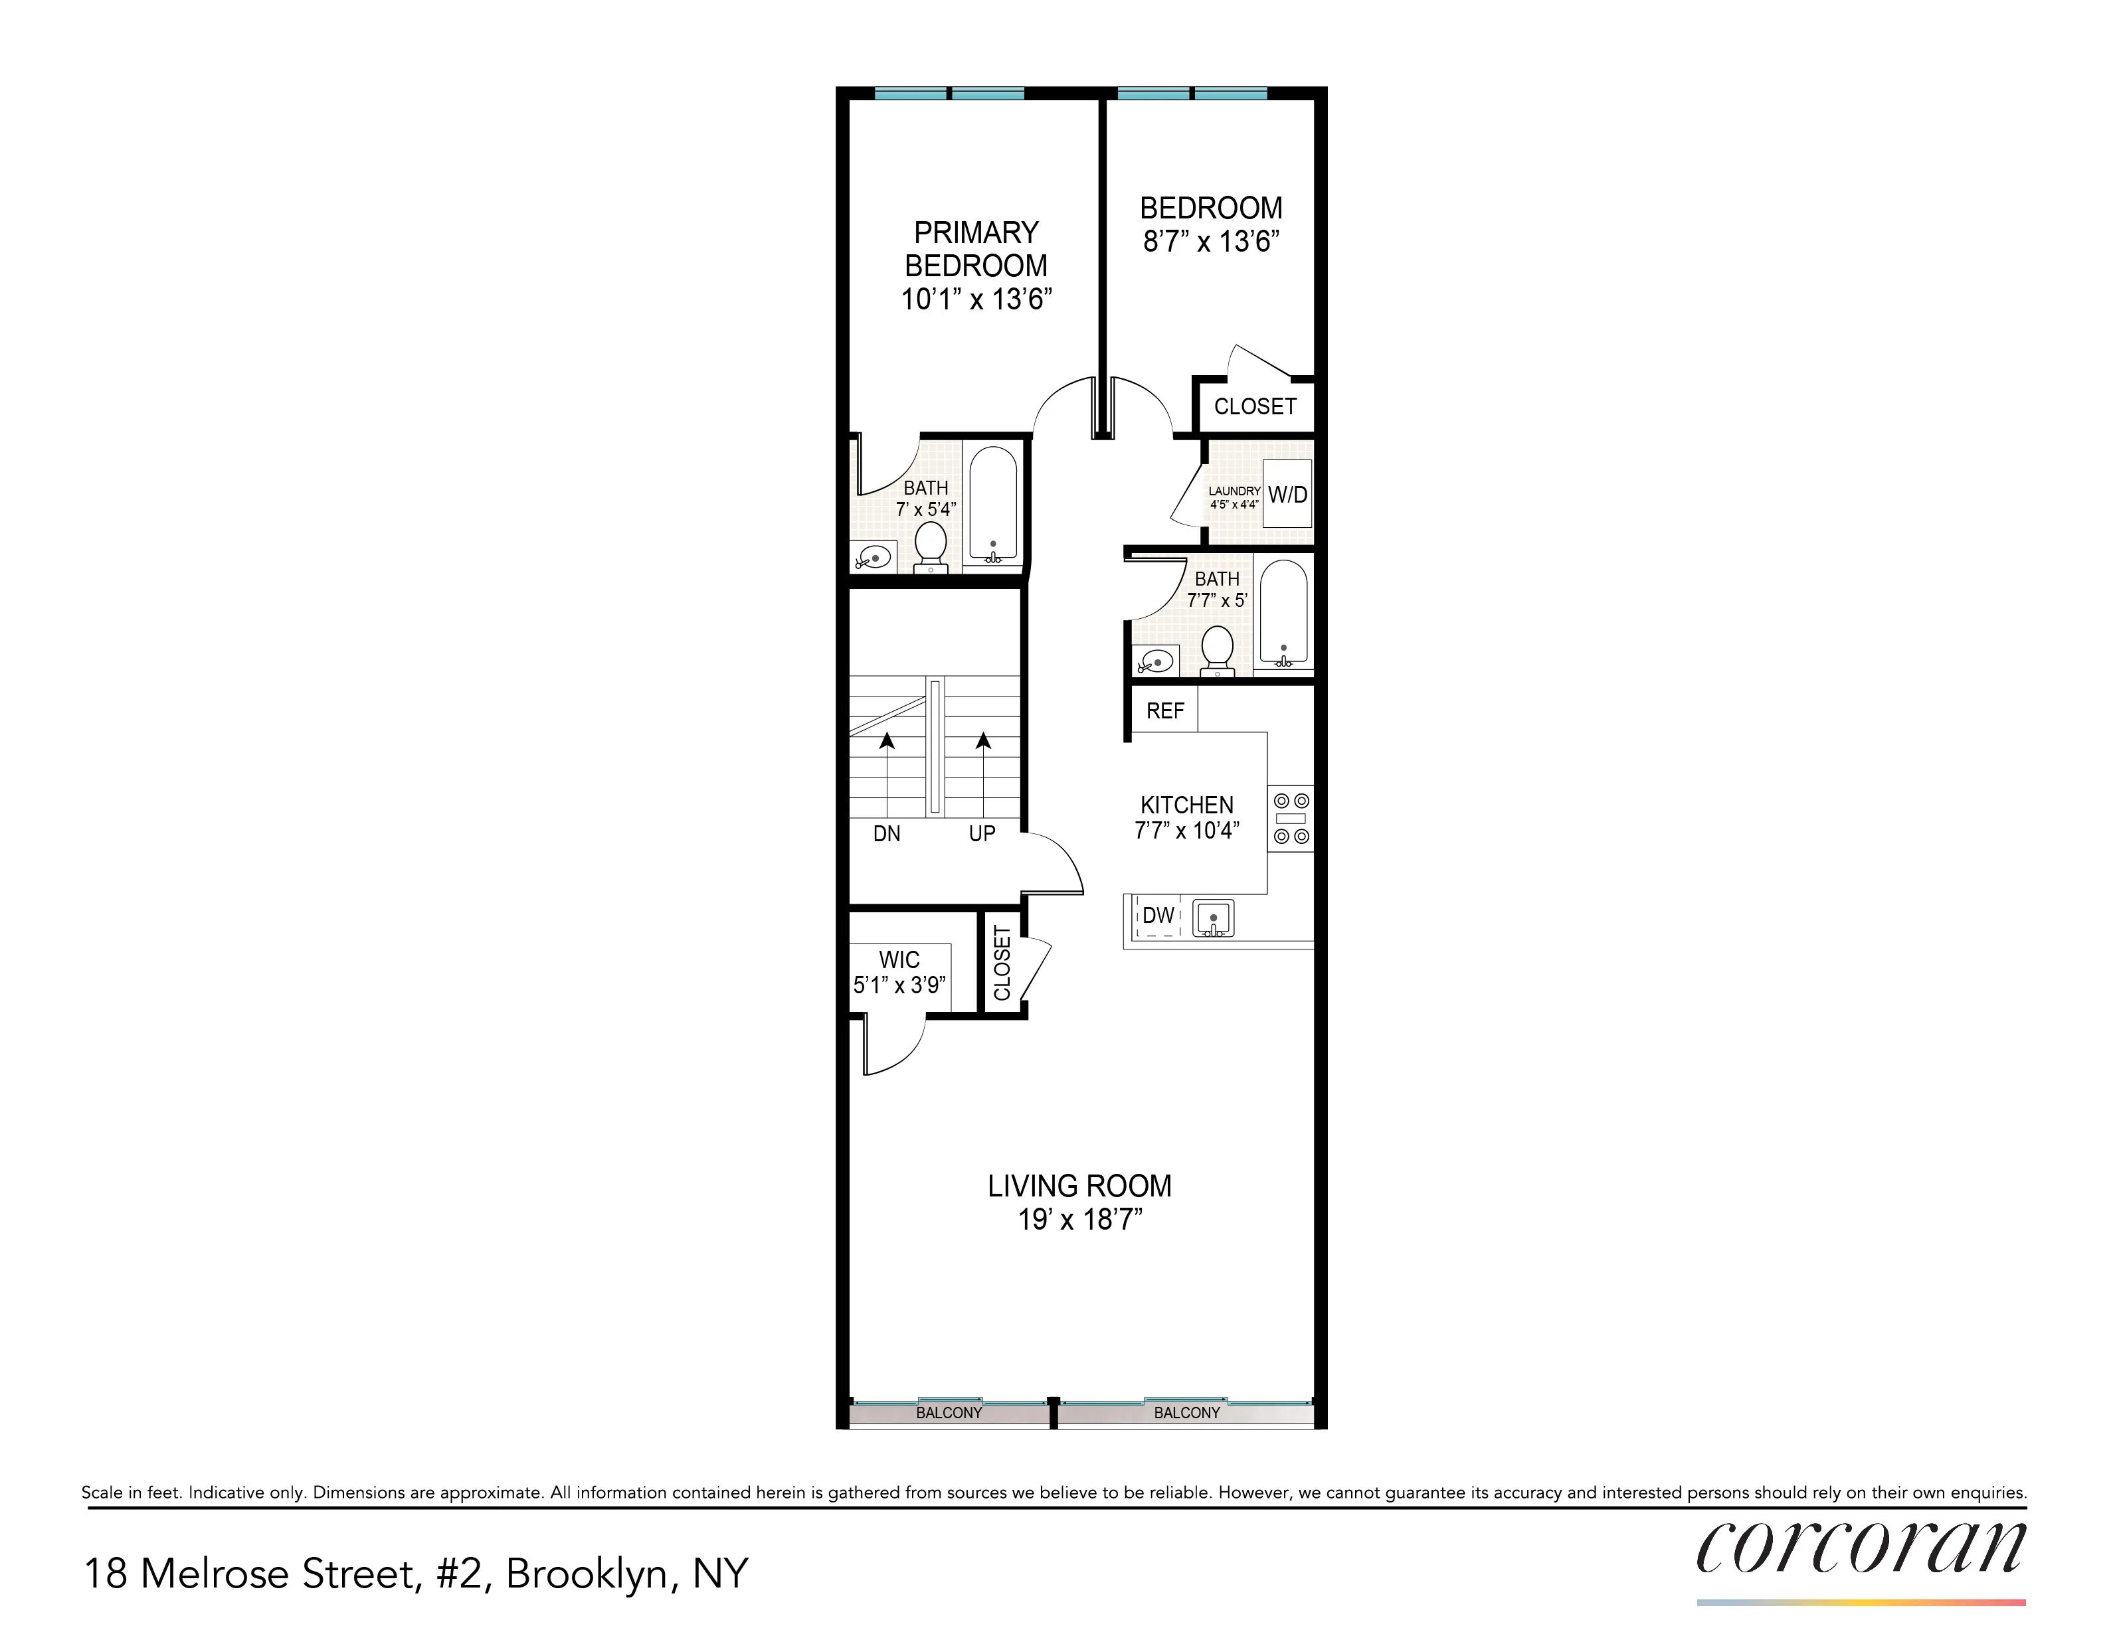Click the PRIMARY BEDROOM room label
[x=976, y=249]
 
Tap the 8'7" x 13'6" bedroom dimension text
[x=1212, y=241]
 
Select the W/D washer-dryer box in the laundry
[x=1288, y=495]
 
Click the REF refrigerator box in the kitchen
[x=1165, y=710]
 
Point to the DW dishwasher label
[x=1158, y=916]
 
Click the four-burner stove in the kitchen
[x=1291, y=818]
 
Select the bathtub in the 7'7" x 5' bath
[x=1284, y=613]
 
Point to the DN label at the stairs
[x=886, y=833]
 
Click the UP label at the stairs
[x=982, y=833]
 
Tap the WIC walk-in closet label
[x=899, y=960]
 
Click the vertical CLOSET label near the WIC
[x=1002, y=963]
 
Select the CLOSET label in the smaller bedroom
[x=1255, y=406]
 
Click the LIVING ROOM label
[x=1080, y=1186]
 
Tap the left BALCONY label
[x=949, y=1412]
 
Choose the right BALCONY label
[x=1187, y=1412]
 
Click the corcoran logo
[x=1861, y=1549]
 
